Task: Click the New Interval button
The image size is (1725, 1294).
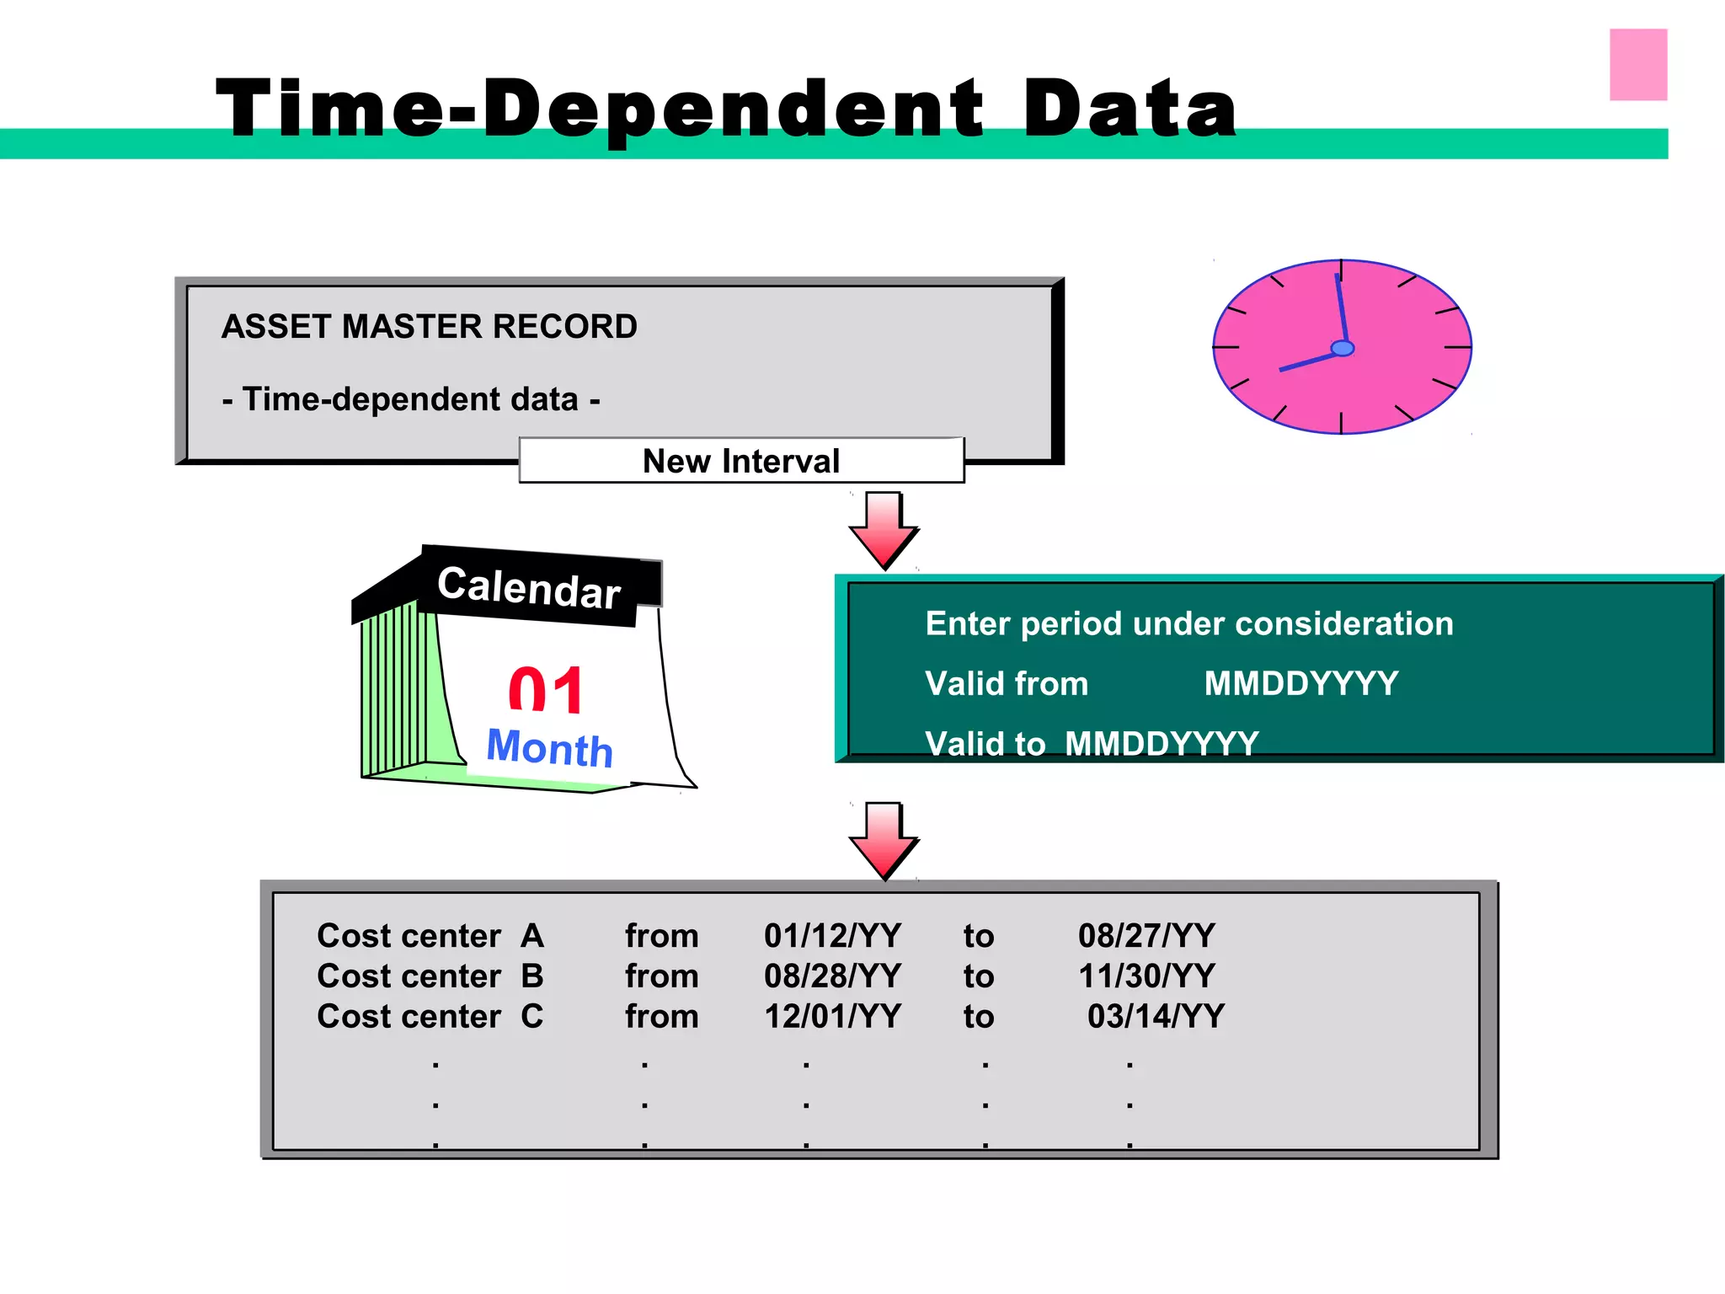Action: click(741, 461)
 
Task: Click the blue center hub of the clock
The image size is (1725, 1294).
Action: click(1342, 348)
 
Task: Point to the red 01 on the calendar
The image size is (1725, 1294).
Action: click(546, 691)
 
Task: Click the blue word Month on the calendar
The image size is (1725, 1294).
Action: click(549, 747)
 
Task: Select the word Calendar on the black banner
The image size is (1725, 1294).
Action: click(529, 587)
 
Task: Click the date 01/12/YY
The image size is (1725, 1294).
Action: click(832, 936)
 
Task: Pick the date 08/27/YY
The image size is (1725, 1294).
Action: click(1146, 936)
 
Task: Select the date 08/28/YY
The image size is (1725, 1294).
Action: click(832, 976)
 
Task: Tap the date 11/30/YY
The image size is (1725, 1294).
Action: click(1146, 976)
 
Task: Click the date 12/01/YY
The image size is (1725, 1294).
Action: click(832, 1017)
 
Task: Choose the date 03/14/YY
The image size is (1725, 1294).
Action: click(1156, 1017)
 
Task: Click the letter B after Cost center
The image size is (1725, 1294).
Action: click(532, 976)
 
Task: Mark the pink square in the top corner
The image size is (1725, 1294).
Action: click(1638, 65)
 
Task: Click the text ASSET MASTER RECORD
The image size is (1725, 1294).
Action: click(430, 327)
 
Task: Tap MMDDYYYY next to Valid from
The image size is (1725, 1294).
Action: click(1300, 683)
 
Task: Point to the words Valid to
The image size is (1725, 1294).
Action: click(985, 744)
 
